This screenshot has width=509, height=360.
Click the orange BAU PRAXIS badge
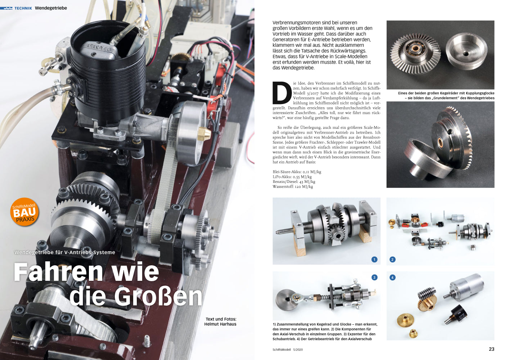[24, 212]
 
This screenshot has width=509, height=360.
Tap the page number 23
[491, 349]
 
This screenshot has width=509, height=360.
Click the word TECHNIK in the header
[23, 8]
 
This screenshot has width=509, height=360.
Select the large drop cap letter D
[282, 93]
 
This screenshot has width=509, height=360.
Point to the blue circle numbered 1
[374, 259]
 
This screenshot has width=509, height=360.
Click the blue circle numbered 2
[392, 259]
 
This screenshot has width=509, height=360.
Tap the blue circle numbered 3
[374, 277]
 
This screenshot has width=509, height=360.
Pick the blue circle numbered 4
[392, 277]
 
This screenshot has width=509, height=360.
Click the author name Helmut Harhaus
[220, 324]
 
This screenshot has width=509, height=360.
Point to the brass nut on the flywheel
[204, 134]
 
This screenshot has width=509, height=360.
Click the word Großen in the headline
[158, 296]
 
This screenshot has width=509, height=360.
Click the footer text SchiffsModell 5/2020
[288, 350]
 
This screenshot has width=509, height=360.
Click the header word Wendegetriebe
[51, 8]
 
